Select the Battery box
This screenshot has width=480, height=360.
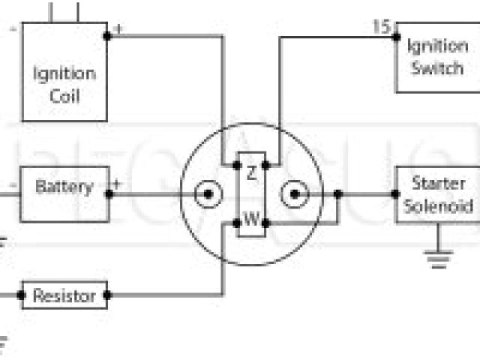pos(64,187)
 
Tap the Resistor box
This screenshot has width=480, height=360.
pos(64,295)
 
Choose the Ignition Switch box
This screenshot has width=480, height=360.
pos(436,57)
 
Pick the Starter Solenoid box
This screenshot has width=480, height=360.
pos(436,194)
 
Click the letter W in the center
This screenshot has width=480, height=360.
pos(252,221)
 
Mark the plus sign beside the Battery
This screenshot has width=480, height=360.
pos(118,182)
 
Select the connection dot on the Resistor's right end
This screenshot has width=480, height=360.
pos(107,295)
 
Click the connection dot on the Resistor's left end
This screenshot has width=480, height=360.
pos(22,295)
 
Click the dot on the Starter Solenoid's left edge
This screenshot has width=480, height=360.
pos(395,193)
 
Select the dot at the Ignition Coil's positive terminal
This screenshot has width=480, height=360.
pos(107,35)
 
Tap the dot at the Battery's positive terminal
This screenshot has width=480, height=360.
pos(109,193)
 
